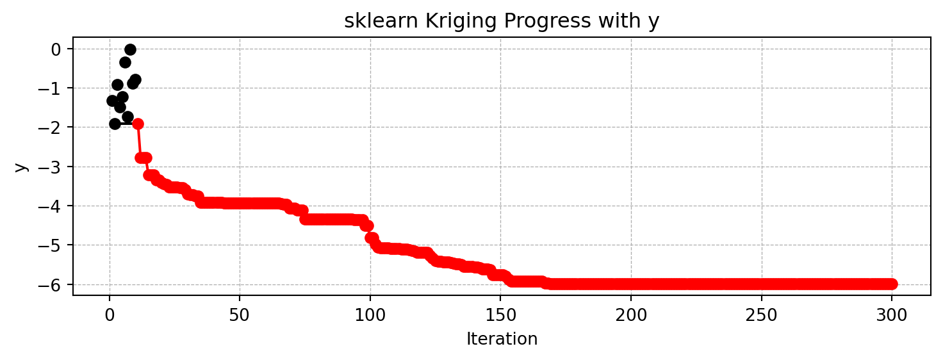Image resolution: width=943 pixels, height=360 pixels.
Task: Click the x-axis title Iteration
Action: point(502,339)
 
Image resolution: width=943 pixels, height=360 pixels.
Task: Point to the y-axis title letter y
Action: point(21,167)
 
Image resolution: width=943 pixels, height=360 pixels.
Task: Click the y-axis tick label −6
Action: point(54,284)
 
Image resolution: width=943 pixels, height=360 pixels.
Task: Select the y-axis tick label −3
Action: point(54,167)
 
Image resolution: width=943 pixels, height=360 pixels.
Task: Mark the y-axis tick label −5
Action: point(54,245)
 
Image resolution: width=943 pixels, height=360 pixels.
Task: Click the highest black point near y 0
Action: point(130,49)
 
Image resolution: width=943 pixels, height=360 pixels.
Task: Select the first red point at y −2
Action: point(138,124)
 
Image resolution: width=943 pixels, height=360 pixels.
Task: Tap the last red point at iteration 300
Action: point(892,284)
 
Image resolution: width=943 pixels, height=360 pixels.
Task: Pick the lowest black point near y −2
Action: point(115,124)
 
